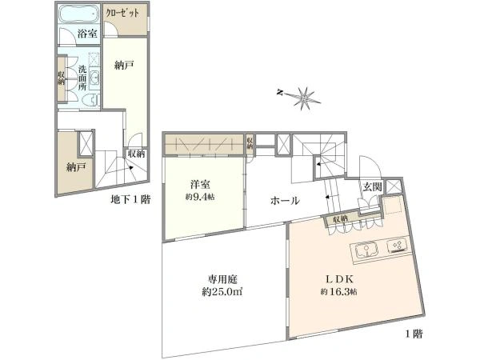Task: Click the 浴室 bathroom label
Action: (87, 34)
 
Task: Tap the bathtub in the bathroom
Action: (78, 14)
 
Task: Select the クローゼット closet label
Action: (122, 13)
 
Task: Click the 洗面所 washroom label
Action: (82, 78)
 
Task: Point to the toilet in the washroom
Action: (93, 100)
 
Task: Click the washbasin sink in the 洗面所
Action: (94, 78)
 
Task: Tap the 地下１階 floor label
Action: (130, 200)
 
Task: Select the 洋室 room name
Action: (200, 186)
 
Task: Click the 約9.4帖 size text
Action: (200, 197)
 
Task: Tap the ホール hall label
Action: (285, 201)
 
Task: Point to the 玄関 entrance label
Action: (372, 186)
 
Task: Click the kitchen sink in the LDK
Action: (366, 250)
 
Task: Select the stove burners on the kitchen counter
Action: (398, 246)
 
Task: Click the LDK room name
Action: (339, 279)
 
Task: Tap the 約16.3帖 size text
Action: (338, 292)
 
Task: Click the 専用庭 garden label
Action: (222, 279)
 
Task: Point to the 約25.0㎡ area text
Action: (222, 292)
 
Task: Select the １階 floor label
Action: (414, 334)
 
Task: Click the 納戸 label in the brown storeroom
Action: (76, 167)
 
